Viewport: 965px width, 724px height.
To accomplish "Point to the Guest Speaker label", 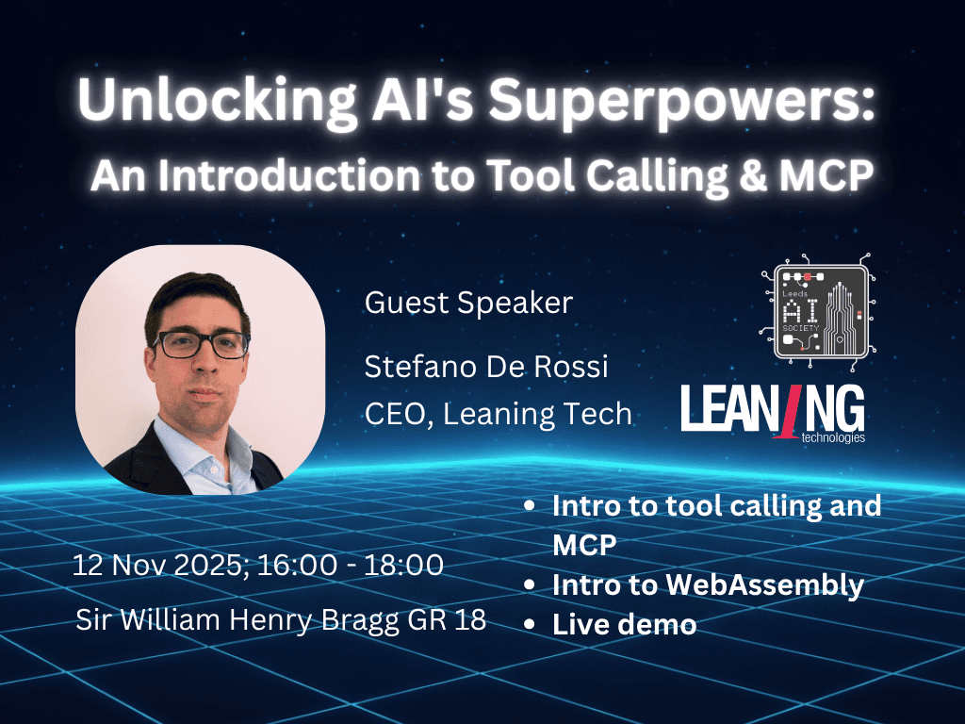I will point(468,303).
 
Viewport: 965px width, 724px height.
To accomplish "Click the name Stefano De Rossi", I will point(486,367).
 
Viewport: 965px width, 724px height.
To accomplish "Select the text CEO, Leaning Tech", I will point(498,414).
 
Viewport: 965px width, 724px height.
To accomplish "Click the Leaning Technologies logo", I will point(773,413).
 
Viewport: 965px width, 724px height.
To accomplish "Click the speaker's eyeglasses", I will point(202,344).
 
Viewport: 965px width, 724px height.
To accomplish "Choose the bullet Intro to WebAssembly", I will point(708,585).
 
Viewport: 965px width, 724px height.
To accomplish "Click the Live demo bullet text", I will point(624,624).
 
